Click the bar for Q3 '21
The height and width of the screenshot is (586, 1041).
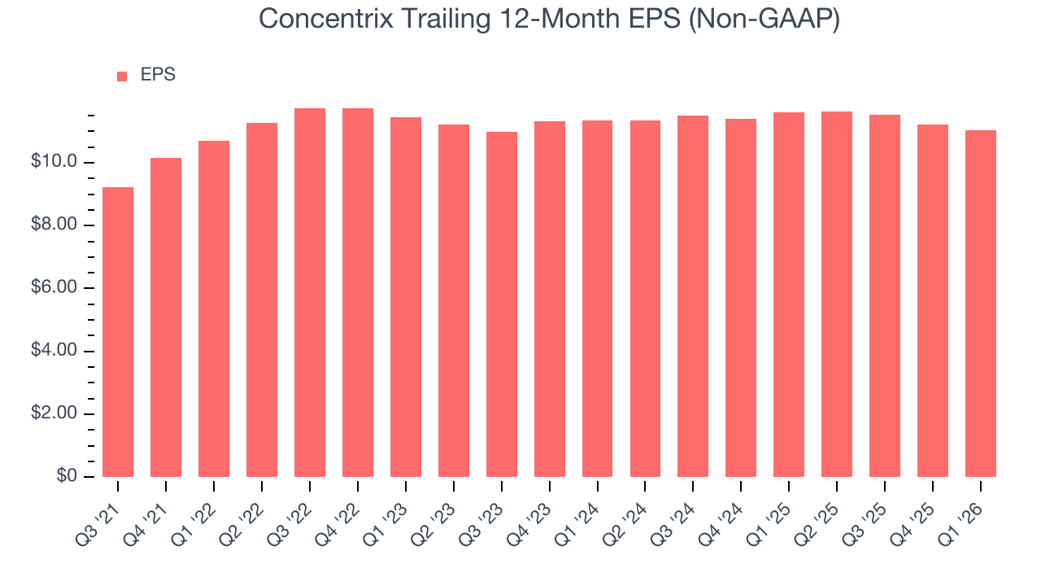pyautogui.click(x=118, y=332)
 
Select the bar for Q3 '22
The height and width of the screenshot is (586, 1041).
pyautogui.click(x=310, y=293)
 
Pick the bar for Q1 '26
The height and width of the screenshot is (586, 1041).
pyautogui.click(x=981, y=304)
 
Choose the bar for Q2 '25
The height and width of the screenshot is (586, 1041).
pyautogui.click(x=837, y=294)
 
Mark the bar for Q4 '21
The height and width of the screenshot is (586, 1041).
pyautogui.click(x=166, y=317)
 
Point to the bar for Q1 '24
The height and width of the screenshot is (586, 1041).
pyautogui.click(x=598, y=299)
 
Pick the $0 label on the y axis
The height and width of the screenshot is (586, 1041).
pyautogui.click(x=68, y=476)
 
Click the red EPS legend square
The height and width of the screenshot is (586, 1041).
pyautogui.click(x=122, y=76)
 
